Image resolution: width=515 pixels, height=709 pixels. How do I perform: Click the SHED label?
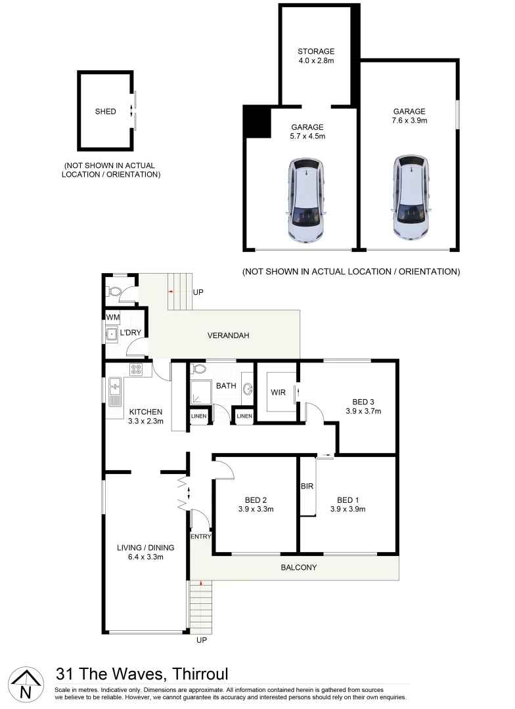coord(105,112)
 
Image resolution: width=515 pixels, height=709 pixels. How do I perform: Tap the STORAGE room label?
coord(316,51)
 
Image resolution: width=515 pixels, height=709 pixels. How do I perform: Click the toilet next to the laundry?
coord(115,291)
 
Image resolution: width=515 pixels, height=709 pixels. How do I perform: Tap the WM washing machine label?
coord(113,318)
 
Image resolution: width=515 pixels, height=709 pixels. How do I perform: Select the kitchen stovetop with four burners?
coord(136,370)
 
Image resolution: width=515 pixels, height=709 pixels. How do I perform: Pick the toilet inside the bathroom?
coord(200,369)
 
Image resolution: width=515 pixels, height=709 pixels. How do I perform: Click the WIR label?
coord(278,393)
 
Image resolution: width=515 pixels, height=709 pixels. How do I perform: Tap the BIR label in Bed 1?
coord(307,486)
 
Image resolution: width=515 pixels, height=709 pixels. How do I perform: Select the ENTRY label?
coord(200,537)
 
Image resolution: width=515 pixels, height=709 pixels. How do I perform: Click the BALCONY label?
coord(299,567)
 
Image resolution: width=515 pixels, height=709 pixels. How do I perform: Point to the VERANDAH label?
coord(228,335)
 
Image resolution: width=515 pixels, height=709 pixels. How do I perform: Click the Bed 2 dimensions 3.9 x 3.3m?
coord(256,508)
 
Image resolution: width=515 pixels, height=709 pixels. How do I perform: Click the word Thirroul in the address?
coord(200,674)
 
